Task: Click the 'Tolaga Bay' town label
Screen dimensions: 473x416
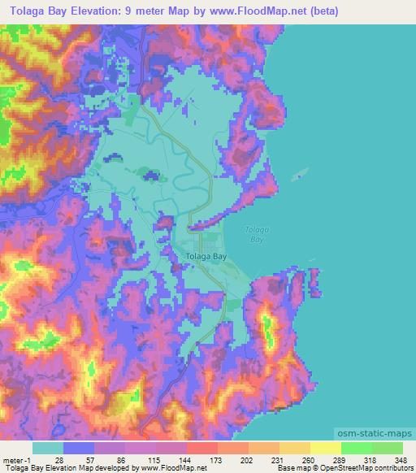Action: pyautogui.click(x=207, y=255)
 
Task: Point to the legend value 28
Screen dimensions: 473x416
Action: pyautogui.click(x=60, y=460)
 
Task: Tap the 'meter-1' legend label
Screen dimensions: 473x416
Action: pyautogui.click(x=16, y=460)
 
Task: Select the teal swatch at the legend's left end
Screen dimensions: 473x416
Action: pyautogui.click(x=48, y=448)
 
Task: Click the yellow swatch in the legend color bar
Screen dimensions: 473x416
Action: pyautogui.click(x=325, y=448)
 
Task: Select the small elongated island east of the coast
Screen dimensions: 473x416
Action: pyautogui.click(x=301, y=172)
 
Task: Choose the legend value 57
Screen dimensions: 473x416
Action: pyautogui.click(x=91, y=460)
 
